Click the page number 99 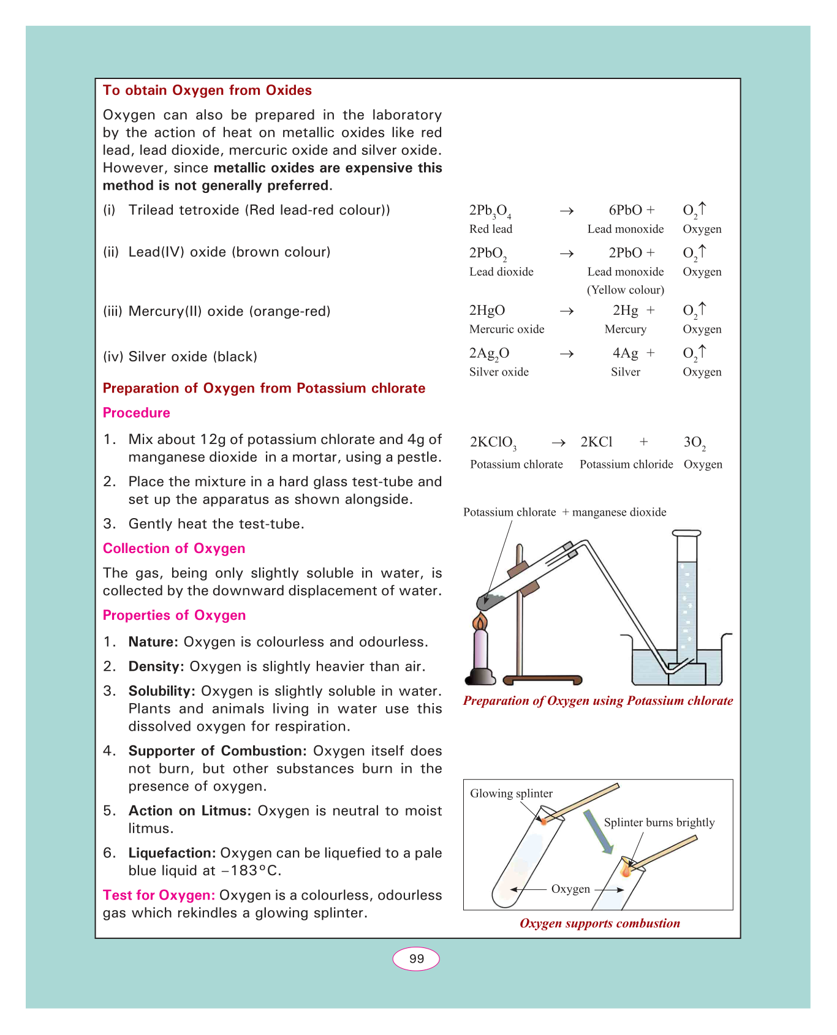pyautogui.click(x=416, y=959)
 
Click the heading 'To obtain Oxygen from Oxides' pyautogui.click(x=207, y=91)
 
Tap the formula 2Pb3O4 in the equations pyautogui.click(x=490, y=211)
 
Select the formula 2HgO pyautogui.click(x=487, y=310)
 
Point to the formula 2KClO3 pyautogui.click(x=493, y=443)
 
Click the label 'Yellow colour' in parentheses pyautogui.click(x=626, y=290)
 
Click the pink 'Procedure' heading pyautogui.click(x=136, y=413)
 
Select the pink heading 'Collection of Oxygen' pyautogui.click(x=174, y=549)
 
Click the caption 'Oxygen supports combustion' pyautogui.click(x=599, y=924)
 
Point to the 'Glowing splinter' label pyautogui.click(x=511, y=794)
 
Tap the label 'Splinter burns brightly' pyautogui.click(x=659, y=822)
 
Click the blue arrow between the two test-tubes pyautogui.click(x=597, y=832)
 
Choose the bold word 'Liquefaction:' pyautogui.click(x=172, y=853)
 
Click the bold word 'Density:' pyautogui.click(x=156, y=667)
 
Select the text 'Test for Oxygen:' pyautogui.click(x=159, y=895)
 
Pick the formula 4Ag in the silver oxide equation pyautogui.click(x=625, y=353)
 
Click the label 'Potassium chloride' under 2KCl pyautogui.click(x=626, y=464)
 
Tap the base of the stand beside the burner pyautogui.click(x=542, y=679)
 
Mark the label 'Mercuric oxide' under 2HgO pyautogui.click(x=507, y=329)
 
